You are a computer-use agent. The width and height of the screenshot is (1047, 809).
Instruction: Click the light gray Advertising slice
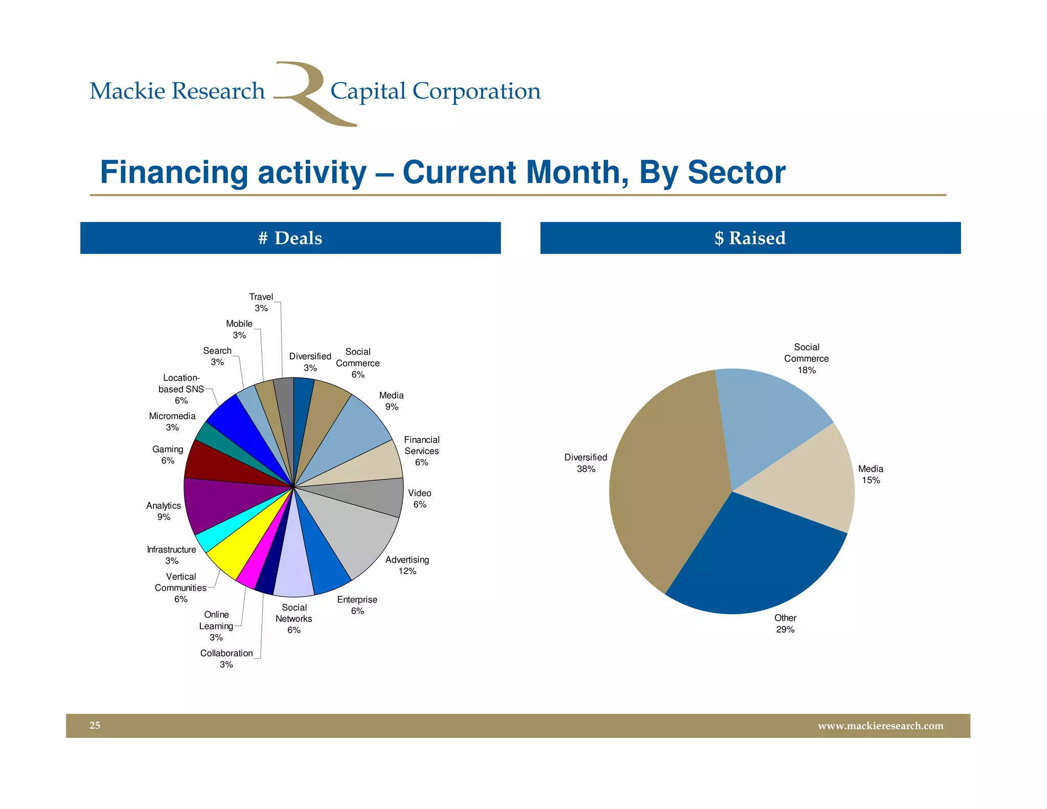(358, 532)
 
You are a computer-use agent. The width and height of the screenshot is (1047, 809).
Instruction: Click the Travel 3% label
(261, 302)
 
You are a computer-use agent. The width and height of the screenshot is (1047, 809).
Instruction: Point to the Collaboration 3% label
(226, 659)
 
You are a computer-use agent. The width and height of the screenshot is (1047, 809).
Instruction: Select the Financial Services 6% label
(421, 451)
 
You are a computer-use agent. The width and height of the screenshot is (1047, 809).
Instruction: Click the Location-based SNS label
(181, 389)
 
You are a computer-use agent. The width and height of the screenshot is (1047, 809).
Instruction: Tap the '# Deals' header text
(290, 238)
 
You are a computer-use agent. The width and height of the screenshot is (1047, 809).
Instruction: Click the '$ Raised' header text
(750, 238)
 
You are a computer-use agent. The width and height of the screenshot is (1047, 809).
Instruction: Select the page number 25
(95, 725)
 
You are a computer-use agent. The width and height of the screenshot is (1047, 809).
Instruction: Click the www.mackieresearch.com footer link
(880, 726)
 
